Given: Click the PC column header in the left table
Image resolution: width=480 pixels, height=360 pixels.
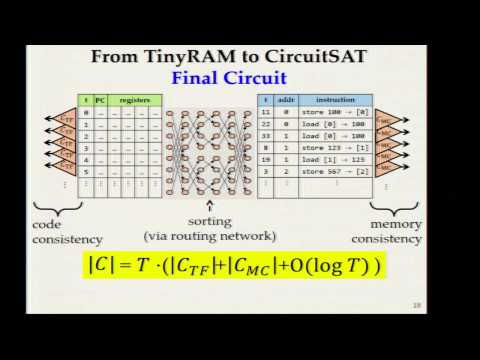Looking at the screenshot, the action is point(98,101).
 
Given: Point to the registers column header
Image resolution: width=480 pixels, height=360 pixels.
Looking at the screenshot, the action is point(134,101).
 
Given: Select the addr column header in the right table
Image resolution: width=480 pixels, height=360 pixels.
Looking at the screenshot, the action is point(284,101).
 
